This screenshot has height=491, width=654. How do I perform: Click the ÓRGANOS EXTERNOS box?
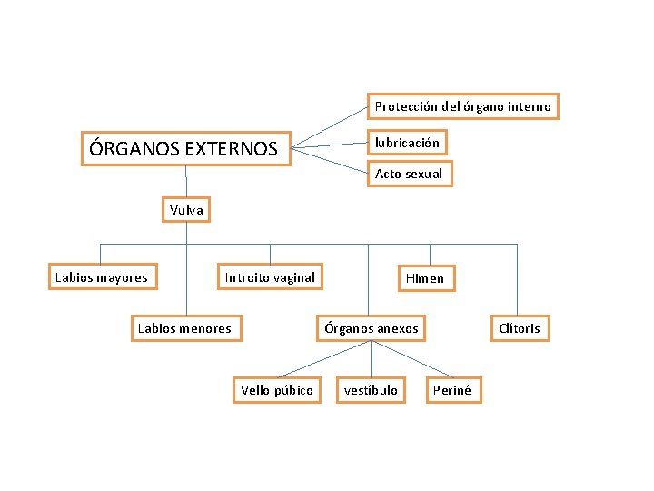[x=185, y=147]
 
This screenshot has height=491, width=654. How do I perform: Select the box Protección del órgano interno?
[x=462, y=106]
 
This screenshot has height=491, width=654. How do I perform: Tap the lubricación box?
[x=407, y=143]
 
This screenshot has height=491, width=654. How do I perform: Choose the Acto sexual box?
[x=409, y=174]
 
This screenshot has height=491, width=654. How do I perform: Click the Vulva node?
[x=186, y=210]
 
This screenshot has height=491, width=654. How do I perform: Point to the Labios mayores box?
[x=102, y=277]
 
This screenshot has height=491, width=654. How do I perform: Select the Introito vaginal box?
[x=270, y=277]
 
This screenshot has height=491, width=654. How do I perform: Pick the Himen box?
[x=424, y=278]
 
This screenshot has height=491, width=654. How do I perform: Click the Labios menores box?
[x=184, y=328]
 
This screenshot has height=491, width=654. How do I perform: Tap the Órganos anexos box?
[x=372, y=328]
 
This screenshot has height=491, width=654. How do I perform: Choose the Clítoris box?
[x=520, y=328]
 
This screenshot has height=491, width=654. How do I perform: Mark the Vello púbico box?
[x=276, y=390]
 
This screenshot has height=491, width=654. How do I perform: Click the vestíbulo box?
[x=371, y=390]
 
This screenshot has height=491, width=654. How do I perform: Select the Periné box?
[x=452, y=390]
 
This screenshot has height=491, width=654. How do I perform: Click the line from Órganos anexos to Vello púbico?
[x=323, y=359]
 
